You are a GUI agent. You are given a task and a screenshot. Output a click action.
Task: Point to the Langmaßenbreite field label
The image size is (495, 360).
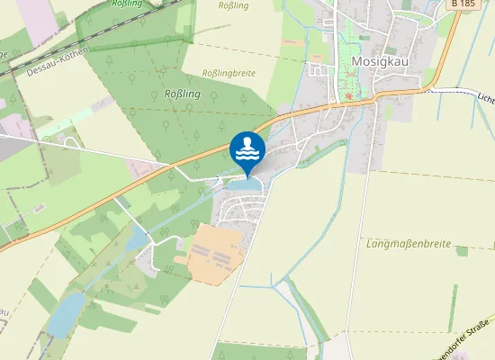(409, 243)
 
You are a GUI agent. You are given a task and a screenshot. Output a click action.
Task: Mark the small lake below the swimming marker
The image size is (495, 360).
(245, 185)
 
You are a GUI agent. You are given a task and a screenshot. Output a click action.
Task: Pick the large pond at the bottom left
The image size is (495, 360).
(65, 315)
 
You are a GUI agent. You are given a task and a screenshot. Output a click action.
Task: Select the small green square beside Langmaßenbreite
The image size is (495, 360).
(462, 251)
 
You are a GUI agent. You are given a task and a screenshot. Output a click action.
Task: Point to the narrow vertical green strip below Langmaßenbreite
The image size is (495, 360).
(454, 306)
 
